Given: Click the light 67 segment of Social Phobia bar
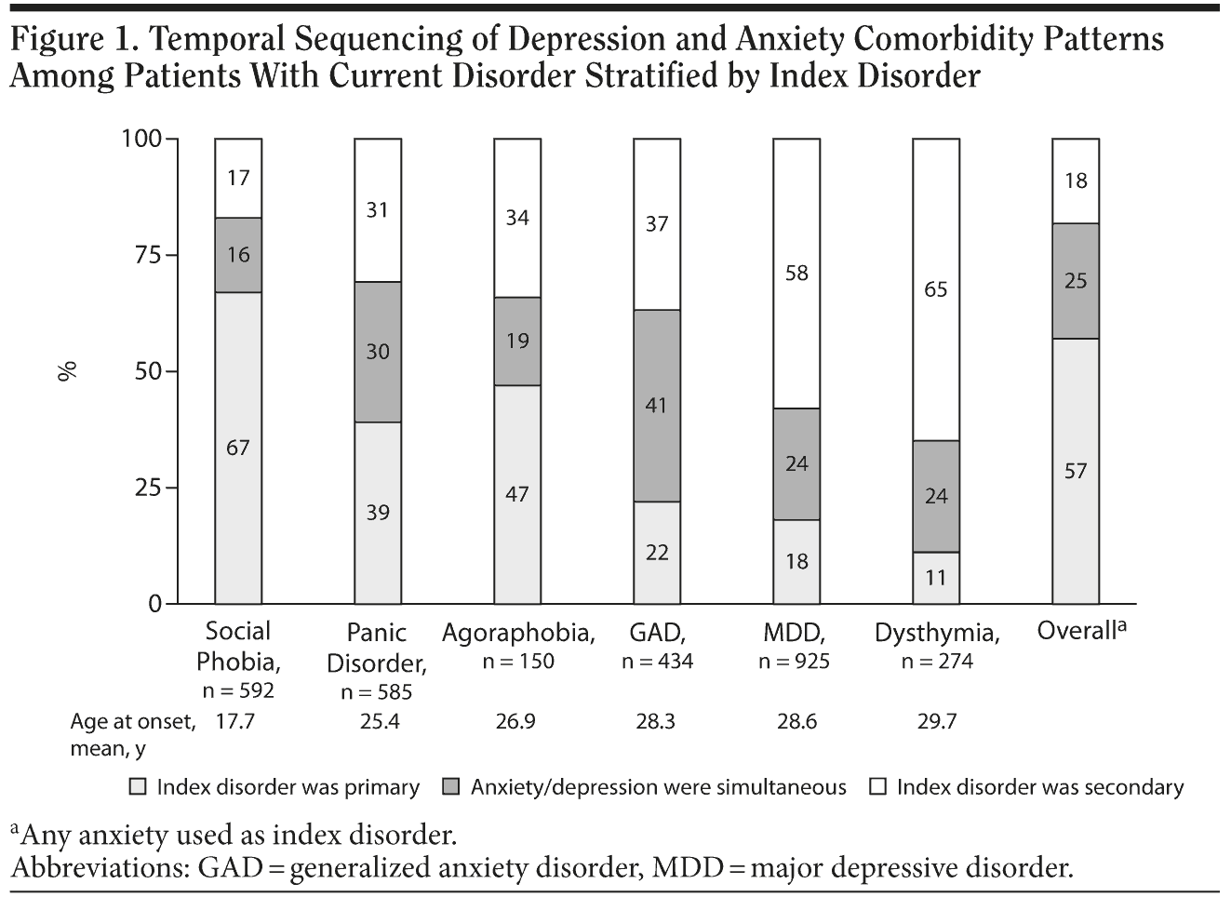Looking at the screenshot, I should click(238, 448).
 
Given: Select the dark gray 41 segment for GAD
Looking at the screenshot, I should click(657, 406).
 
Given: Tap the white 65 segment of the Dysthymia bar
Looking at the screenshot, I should click(936, 289).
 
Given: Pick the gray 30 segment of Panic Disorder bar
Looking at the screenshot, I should click(378, 352).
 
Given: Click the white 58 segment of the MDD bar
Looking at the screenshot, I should click(796, 274).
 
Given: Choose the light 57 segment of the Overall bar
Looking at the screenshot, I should click(1076, 471).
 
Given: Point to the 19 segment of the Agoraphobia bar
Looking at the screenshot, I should click(517, 341).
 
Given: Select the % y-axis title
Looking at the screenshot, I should click(67, 371).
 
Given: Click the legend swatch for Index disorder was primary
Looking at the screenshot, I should click(138, 787).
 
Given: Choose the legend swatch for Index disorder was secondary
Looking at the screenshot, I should click(877, 787).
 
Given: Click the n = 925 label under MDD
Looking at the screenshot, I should click(794, 662).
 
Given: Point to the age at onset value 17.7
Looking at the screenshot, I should click(234, 721).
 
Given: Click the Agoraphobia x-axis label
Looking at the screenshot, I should click(518, 634).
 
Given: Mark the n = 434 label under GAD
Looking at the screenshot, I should click(657, 662).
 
